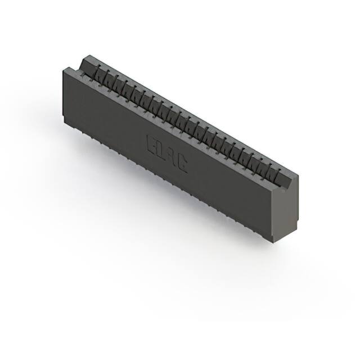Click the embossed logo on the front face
tap(166, 152)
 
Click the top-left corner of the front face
tap(62, 67)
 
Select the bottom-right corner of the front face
tap(274, 242)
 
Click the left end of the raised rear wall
tap(84, 57)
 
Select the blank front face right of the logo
tap(231, 191)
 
